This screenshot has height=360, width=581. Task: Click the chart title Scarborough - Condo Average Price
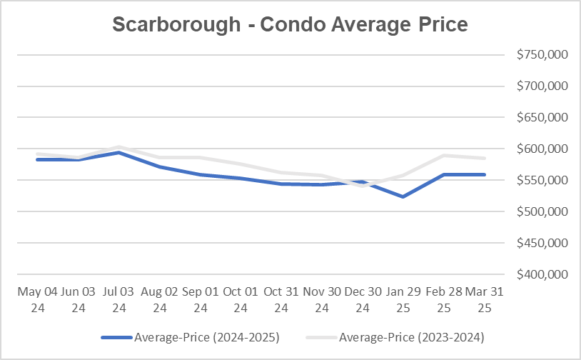(x=290, y=24)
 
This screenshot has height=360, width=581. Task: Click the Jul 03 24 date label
(x=119, y=300)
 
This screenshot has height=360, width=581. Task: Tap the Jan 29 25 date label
(x=404, y=300)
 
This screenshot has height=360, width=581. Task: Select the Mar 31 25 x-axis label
(x=485, y=300)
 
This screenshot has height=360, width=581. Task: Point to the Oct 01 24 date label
(x=241, y=300)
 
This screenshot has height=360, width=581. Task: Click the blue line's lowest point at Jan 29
(x=404, y=196)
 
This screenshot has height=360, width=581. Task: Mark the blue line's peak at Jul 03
(x=119, y=152)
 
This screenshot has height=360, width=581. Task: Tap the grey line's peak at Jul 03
(x=119, y=146)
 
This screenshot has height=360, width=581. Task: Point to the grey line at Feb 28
(x=445, y=155)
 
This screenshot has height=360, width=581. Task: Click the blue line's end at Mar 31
(x=485, y=174)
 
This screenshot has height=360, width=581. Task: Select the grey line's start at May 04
(x=37, y=154)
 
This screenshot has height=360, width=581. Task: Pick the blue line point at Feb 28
(x=445, y=174)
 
